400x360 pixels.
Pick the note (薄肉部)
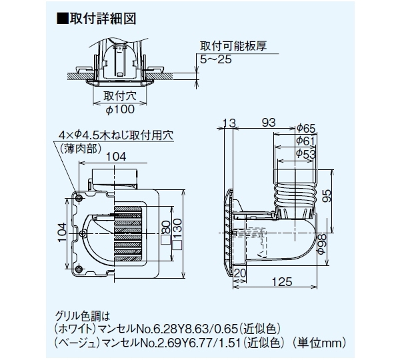point(79,148)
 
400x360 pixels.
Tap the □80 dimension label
point(166,229)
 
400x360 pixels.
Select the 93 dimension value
point(268,122)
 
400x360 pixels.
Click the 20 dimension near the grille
point(241,273)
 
